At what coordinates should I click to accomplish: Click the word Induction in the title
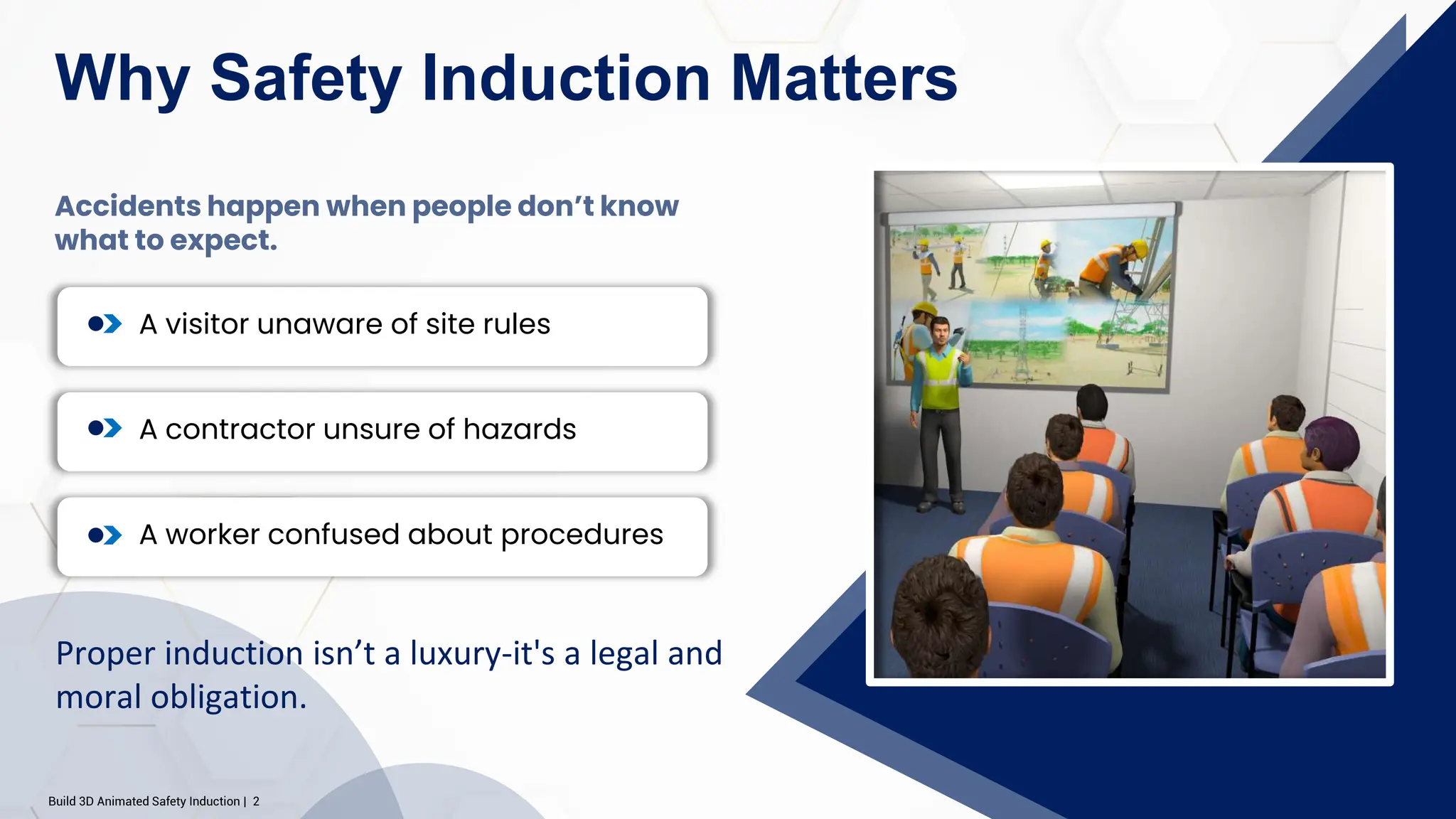[x=566, y=78]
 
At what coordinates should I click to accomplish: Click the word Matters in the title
[x=844, y=78]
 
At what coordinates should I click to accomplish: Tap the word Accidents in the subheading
[x=128, y=206]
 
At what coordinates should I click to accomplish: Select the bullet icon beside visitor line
[x=105, y=324]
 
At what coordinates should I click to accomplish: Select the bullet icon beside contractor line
[x=105, y=429]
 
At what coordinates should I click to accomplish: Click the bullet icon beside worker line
[x=105, y=535]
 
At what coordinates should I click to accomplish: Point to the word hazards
[x=519, y=429]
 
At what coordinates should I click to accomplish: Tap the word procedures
[x=582, y=535]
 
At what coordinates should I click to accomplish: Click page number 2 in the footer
[x=256, y=801]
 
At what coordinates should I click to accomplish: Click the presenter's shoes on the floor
[x=941, y=506]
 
